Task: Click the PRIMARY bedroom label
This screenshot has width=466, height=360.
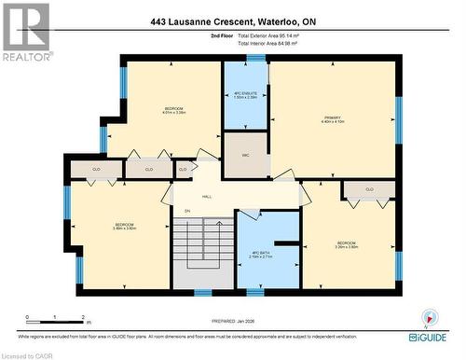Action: click(x=333, y=119)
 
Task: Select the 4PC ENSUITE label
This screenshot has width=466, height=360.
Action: click(x=244, y=95)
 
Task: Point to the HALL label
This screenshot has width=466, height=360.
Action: click(x=207, y=197)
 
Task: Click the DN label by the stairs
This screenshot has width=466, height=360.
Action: click(x=187, y=212)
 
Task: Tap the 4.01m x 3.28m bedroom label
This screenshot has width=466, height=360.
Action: click(x=164, y=110)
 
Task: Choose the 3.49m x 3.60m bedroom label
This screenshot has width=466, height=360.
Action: click(x=124, y=227)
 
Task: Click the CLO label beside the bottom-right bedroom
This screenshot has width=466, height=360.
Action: click(x=369, y=189)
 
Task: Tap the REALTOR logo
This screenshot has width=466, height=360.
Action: click(x=26, y=32)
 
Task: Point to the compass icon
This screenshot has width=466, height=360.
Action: click(x=430, y=318)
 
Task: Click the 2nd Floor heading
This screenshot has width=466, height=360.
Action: click(x=223, y=35)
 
